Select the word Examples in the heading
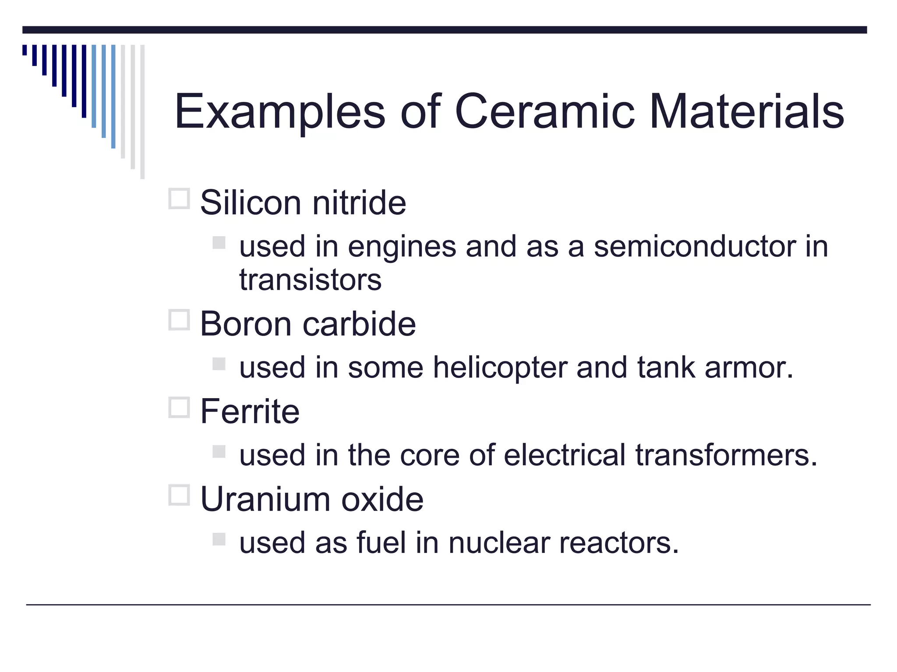(x=280, y=113)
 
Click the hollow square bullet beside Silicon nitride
(x=179, y=199)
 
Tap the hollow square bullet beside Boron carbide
(x=179, y=320)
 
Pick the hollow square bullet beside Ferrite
(x=179, y=407)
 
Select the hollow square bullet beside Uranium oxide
(x=179, y=495)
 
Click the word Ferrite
(x=250, y=412)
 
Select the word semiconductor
(x=694, y=246)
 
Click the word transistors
(x=310, y=280)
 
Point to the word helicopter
(x=500, y=368)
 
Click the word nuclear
(x=499, y=543)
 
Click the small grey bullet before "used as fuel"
(x=219, y=539)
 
